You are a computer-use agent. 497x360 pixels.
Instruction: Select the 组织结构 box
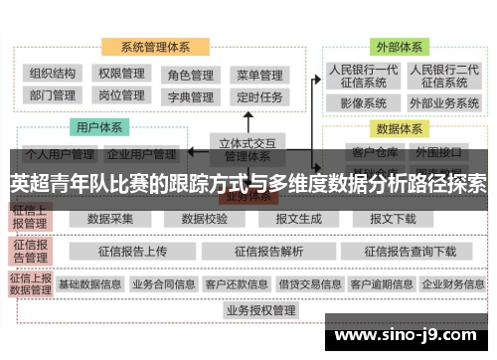pyautogui.click(x=53, y=74)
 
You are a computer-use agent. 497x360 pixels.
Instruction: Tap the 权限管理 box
pyautogui.click(x=121, y=74)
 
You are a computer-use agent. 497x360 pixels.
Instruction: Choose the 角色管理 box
pyautogui.click(x=190, y=75)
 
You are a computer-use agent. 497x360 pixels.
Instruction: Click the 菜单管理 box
pyautogui.click(x=259, y=75)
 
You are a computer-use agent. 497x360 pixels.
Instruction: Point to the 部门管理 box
pyautogui.click(x=53, y=96)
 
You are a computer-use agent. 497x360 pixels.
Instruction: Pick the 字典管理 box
pyautogui.click(x=190, y=97)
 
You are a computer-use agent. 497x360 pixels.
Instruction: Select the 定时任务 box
pyautogui.click(x=259, y=97)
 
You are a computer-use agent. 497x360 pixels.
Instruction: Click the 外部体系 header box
pyautogui.click(x=398, y=47)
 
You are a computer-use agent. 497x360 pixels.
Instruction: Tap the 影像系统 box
pyautogui.click(x=363, y=102)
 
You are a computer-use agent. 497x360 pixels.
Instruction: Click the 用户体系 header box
pyautogui.click(x=99, y=127)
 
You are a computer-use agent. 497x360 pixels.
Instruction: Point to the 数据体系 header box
pyautogui.click(x=398, y=128)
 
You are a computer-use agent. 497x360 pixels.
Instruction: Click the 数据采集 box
pyautogui.click(x=110, y=219)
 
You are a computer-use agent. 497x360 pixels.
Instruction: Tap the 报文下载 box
pyautogui.click(x=393, y=219)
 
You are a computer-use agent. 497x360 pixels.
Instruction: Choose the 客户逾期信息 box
pyautogui.click(x=382, y=284)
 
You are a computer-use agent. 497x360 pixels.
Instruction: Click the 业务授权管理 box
pyautogui.click(x=261, y=310)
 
